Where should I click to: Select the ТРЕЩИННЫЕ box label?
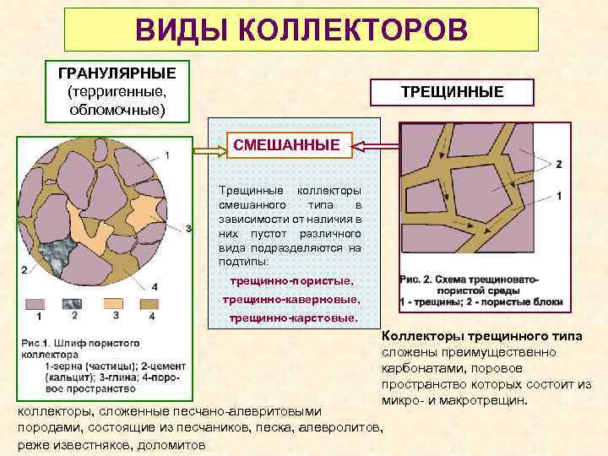461,91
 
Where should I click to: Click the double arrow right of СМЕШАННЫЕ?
367,147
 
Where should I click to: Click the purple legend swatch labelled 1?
37,302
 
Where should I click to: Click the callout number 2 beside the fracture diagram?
558,164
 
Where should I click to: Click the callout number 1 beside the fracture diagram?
558,195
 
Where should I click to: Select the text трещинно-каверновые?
291,300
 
